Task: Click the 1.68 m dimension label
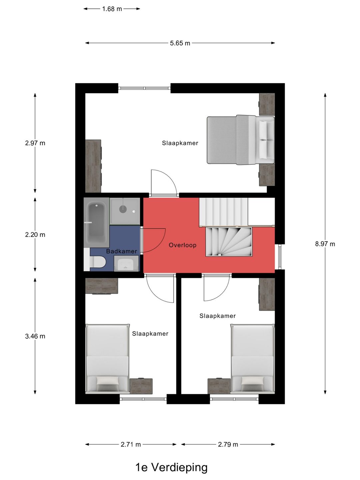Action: coord(112,9)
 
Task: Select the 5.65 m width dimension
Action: coord(180,43)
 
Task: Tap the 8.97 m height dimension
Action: coord(325,244)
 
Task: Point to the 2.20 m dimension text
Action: coord(35,235)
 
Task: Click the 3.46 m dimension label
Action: coord(35,336)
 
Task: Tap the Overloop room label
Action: coord(183,245)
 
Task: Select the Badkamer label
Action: coord(122,251)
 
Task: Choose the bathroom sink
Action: coord(126,263)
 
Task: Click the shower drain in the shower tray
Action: coord(123,209)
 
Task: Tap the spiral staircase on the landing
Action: coord(229,241)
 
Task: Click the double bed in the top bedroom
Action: coord(241,140)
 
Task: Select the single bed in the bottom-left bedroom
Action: coord(107,359)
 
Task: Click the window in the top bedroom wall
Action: coord(144,88)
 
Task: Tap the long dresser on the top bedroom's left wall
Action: coord(93,166)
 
